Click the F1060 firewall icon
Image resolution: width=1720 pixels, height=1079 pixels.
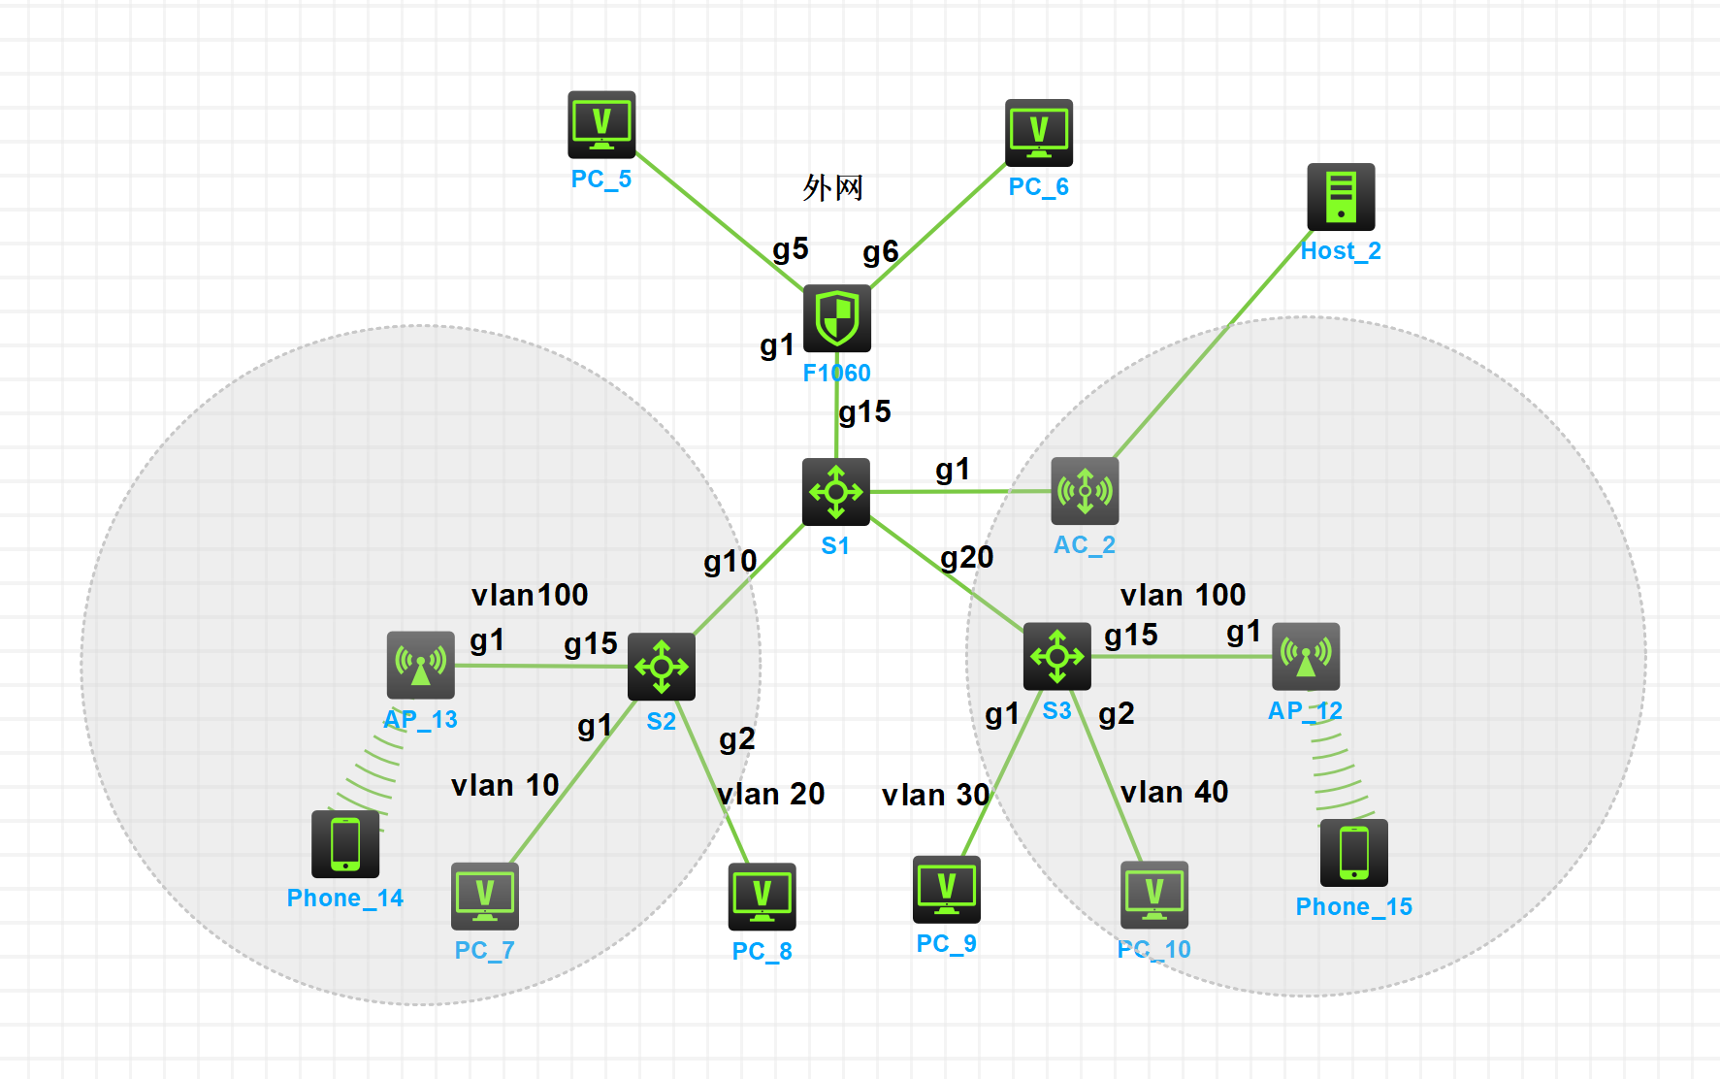click(836, 318)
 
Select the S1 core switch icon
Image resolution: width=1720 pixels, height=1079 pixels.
click(835, 492)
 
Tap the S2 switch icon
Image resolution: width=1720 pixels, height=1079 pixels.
click(661, 667)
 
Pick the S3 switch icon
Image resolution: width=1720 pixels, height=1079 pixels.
click(1056, 657)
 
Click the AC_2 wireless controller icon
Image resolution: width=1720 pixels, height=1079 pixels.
click(1085, 491)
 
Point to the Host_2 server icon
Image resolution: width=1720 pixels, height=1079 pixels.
click(1341, 197)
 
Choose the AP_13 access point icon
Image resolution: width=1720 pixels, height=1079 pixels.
click(420, 665)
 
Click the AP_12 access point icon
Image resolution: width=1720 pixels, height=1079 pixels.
click(1306, 657)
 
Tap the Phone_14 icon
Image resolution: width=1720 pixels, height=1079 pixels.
click(345, 843)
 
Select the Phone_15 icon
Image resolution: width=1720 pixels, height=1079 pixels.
click(1353, 852)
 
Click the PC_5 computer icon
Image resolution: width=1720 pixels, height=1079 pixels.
click(601, 125)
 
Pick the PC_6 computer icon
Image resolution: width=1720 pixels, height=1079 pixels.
click(1039, 133)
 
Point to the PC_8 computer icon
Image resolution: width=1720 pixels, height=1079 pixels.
click(762, 897)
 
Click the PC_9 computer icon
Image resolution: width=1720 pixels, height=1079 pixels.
click(946, 889)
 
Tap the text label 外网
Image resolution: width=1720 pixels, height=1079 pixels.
click(832, 187)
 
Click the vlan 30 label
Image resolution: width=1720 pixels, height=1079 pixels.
click(935, 795)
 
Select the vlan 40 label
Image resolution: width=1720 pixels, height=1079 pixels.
click(1174, 792)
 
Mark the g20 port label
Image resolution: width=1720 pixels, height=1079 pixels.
click(967, 557)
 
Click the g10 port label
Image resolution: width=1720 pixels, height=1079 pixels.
click(730, 561)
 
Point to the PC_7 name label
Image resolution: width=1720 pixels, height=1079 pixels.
click(484, 950)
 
